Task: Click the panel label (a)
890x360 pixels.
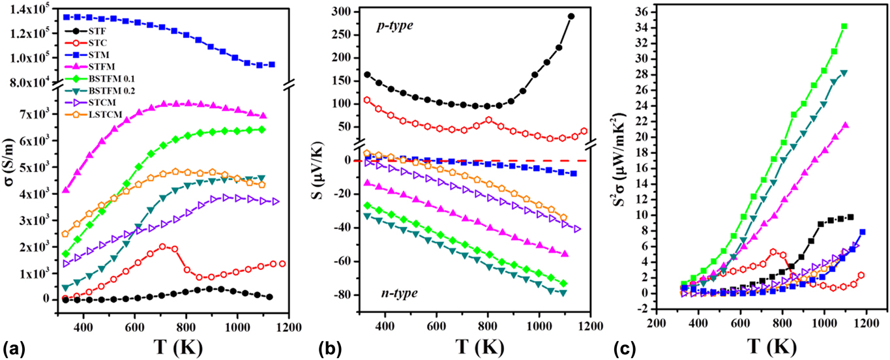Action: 14,346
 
